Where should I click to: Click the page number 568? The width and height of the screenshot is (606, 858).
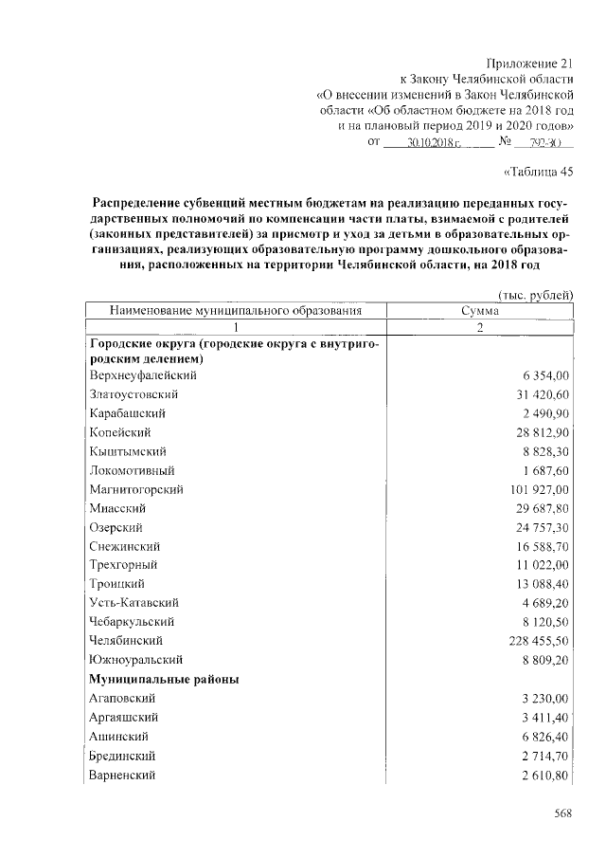point(564,812)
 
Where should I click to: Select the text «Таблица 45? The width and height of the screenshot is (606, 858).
point(535,172)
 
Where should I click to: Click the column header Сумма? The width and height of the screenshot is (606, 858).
point(479,310)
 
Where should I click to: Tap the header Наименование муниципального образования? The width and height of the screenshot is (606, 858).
point(236,310)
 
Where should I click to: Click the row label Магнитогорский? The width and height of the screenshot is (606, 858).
point(135,489)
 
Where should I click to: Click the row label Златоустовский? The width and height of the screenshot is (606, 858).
point(134,393)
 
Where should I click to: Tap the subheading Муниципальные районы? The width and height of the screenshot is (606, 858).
point(163,679)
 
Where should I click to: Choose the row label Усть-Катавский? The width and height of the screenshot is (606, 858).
point(134,602)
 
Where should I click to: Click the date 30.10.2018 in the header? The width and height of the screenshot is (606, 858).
point(432,143)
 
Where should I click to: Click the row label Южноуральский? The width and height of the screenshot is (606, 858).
point(135,658)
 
